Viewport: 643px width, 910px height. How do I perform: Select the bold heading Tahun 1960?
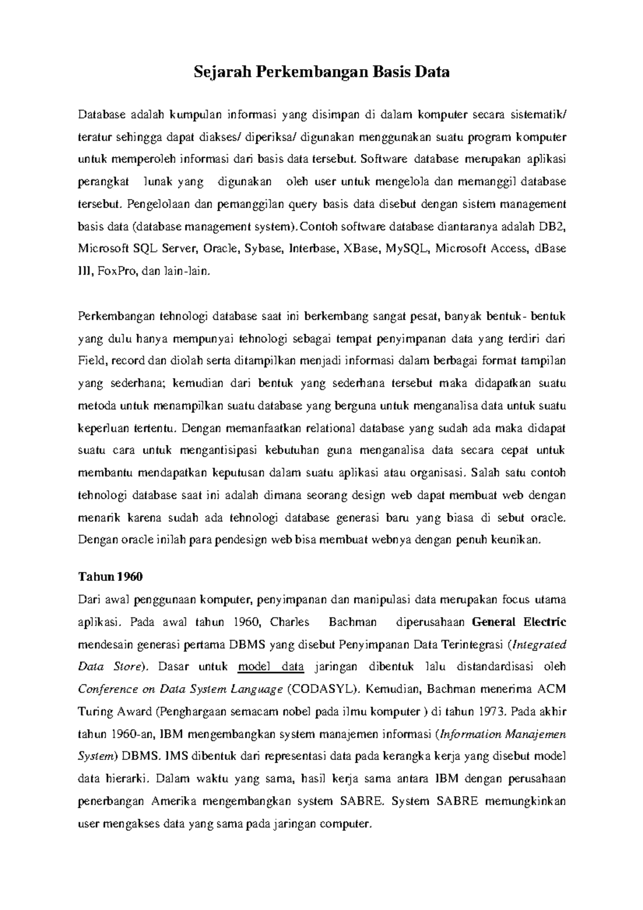click(x=110, y=577)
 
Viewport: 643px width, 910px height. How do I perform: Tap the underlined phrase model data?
click(x=271, y=667)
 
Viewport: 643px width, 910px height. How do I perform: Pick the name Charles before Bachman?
click(x=290, y=622)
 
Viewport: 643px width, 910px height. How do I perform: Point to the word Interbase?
click(x=312, y=249)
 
